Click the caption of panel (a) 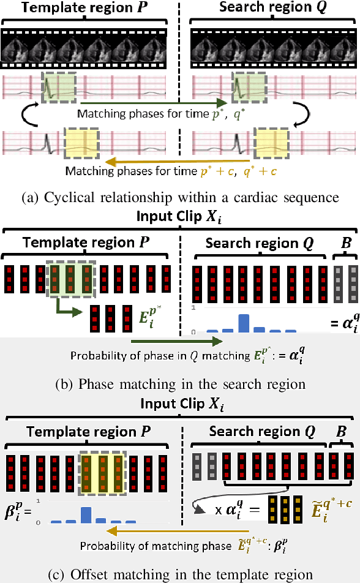179,197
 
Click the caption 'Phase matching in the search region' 179,385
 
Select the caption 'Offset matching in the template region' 179,574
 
